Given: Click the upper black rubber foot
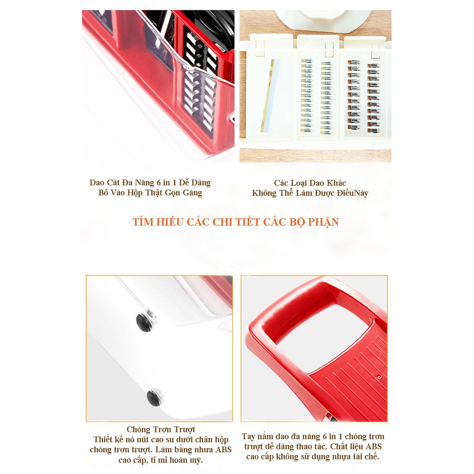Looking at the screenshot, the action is [143, 322].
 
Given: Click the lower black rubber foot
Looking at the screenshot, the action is [154, 397].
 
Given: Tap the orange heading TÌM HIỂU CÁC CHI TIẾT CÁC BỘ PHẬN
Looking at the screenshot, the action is [236, 222].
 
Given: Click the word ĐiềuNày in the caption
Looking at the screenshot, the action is [352, 193].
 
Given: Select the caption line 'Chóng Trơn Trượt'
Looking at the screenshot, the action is [161, 429].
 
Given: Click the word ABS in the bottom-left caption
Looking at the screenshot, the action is [224, 449].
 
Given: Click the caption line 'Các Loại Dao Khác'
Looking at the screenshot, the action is [310, 183].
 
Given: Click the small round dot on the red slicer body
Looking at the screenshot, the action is [379, 377].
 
